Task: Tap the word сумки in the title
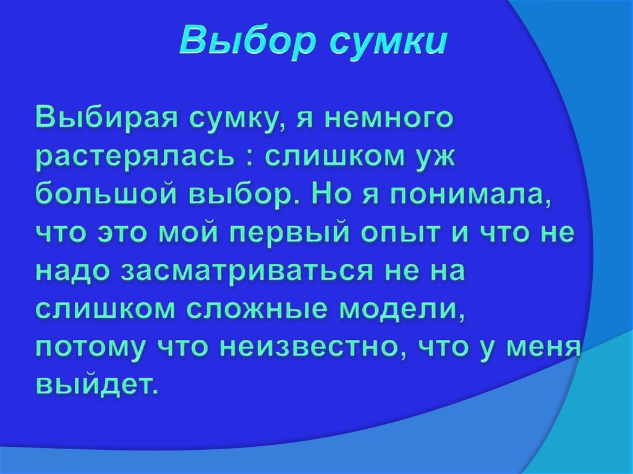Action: point(383,42)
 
